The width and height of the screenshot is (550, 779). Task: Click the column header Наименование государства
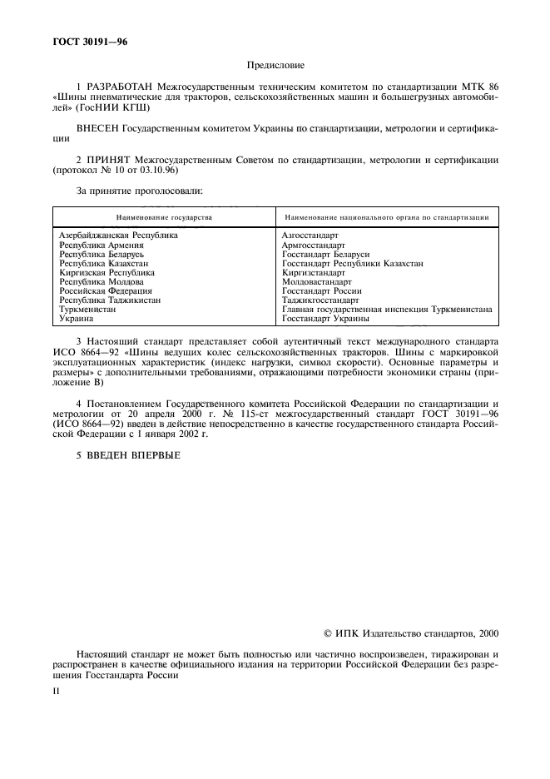coord(164,217)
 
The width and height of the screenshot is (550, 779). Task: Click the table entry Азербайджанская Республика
coord(118,236)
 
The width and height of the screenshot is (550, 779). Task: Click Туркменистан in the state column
coord(87,309)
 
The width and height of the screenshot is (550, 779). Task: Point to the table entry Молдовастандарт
coord(317,281)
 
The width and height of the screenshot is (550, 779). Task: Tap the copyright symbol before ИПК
coord(326,633)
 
